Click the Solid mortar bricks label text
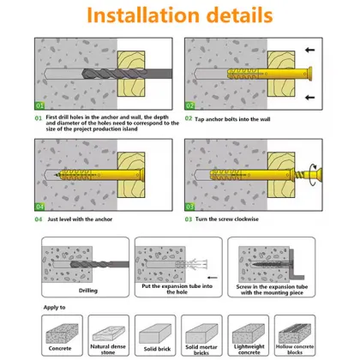click(x=206, y=351)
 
